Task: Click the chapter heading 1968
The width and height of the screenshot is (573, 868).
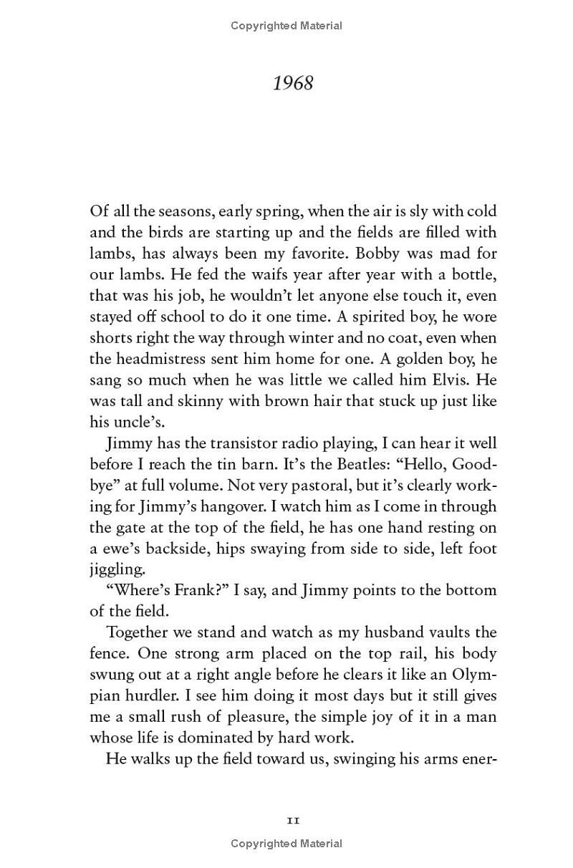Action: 293,83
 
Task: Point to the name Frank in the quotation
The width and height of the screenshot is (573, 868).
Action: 180,591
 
